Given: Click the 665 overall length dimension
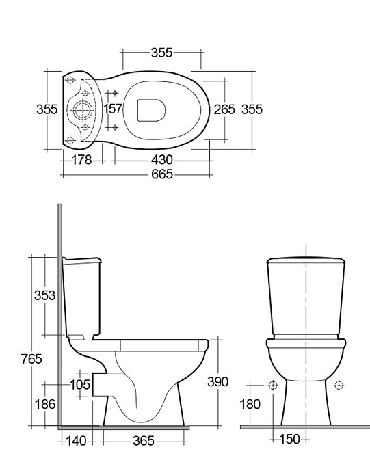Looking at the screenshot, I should pos(161,174).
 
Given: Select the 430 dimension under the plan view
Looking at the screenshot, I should pos(161,160).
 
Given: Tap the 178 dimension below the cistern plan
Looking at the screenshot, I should pos(82,160).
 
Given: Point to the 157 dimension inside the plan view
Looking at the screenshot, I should pos(113,109).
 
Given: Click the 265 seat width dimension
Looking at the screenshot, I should pos(224,109).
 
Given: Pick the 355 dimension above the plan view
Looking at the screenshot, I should pos(162,53).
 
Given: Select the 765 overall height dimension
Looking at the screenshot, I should pos(31,359).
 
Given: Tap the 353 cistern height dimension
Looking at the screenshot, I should pos(45,295).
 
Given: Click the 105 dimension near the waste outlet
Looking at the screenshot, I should pos(80,386).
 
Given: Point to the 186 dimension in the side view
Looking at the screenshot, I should pos(45,405).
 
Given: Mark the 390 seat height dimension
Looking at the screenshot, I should pos(217,382).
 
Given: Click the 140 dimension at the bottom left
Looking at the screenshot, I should pos(77,442).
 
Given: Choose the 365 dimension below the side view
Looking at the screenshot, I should pos(143,442).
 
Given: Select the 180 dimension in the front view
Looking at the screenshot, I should pos(250,405).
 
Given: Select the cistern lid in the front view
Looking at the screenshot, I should pos(305,260).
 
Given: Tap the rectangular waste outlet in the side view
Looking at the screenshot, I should pos(99,385).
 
